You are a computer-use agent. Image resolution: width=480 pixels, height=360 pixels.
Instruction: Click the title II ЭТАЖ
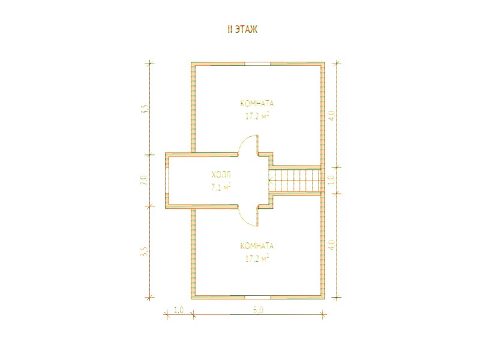tap(242, 29)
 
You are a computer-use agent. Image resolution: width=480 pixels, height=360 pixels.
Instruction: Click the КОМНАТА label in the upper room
tap(257, 103)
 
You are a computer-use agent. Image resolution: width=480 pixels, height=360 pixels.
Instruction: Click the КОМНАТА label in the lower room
tap(257, 246)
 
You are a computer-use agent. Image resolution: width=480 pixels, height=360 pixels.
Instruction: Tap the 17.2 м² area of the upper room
tap(257, 116)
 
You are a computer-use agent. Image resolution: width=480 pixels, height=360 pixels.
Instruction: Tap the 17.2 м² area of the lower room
tap(257, 259)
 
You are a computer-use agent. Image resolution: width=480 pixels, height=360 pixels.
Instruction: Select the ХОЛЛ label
tap(221, 175)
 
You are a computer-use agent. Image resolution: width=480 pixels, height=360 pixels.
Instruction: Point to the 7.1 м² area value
tap(221, 187)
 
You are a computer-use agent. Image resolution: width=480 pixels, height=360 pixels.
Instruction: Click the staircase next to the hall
tap(295, 181)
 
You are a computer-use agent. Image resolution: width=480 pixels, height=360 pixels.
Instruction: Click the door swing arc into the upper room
tap(242, 142)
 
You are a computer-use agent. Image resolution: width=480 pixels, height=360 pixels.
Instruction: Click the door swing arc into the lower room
tap(242, 220)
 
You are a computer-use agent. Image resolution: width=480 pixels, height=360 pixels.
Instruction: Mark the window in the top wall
tap(257, 64)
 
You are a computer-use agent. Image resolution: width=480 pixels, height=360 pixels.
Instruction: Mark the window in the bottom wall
tap(257, 297)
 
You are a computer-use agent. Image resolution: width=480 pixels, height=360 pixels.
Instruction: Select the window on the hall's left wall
tap(167, 181)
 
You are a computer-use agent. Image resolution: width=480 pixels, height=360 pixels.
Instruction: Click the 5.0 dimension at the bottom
tap(259, 310)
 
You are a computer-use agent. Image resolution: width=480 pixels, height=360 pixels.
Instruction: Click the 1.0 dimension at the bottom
tap(178, 310)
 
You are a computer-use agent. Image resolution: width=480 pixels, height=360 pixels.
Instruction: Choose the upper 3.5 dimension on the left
tap(145, 109)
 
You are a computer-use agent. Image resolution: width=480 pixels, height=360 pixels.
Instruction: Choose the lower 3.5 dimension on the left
tap(145, 251)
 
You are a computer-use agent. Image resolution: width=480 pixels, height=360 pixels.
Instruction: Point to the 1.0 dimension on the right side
tap(331, 180)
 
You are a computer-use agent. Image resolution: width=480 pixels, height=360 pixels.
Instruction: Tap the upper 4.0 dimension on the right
tap(332, 115)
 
